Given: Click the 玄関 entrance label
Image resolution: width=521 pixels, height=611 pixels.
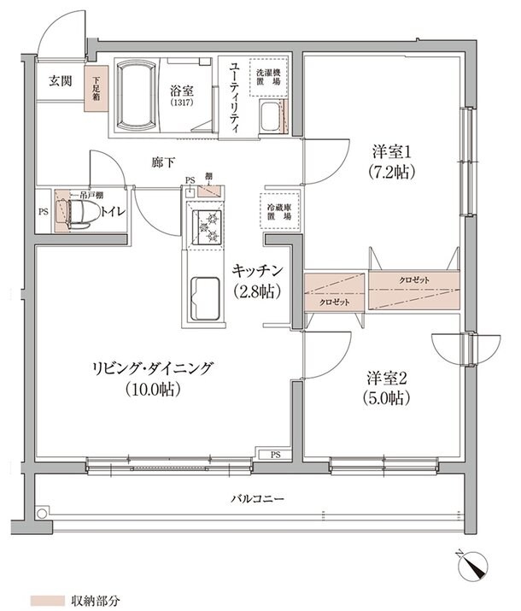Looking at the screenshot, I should pyautogui.click(x=59, y=81).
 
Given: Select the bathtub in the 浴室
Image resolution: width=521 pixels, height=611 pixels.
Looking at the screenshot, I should pyautogui.click(x=132, y=94).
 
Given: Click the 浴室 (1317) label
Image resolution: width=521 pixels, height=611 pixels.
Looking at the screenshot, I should pyautogui.click(x=180, y=94).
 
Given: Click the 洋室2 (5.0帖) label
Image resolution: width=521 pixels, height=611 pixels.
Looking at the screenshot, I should pyautogui.click(x=387, y=387).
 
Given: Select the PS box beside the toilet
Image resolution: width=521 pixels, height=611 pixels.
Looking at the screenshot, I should pyautogui.click(x=43, y=211).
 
